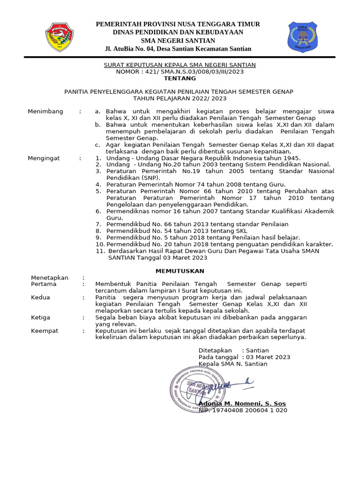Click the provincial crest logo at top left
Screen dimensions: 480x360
click(59, 37)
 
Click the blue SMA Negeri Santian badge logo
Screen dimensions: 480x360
click(302, 37)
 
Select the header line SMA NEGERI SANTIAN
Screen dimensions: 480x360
click(178, 40)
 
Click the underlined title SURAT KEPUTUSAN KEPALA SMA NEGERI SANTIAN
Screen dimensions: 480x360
click(180, 65)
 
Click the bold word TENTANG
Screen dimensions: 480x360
click(180, 78)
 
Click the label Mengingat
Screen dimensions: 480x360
click(44, 158)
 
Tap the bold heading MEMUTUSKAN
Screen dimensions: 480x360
click(180, 271)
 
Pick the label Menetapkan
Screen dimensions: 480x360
click(49, 277)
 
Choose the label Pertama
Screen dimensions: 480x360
click(44, 284)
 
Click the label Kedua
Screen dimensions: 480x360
click(40, 297)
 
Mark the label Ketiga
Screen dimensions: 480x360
click(40, 317)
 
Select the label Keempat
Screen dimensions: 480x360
click(45, 330)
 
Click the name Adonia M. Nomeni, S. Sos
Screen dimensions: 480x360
click(242, 404)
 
